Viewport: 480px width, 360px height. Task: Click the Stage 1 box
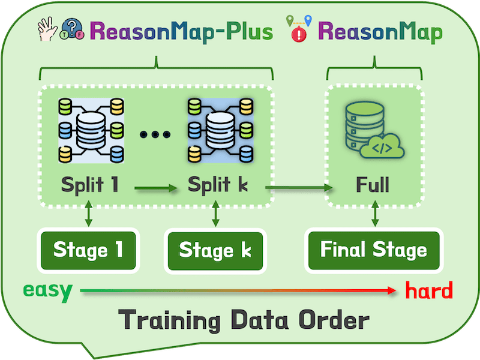88,249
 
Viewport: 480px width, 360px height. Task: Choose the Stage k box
214,249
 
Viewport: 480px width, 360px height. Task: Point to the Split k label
218,184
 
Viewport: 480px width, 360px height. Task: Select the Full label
372,184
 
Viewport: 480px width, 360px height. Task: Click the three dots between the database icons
155,134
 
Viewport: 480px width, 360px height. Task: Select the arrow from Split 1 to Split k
156,189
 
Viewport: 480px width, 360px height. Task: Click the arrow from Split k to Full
299,188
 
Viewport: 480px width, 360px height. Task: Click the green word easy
48,291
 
